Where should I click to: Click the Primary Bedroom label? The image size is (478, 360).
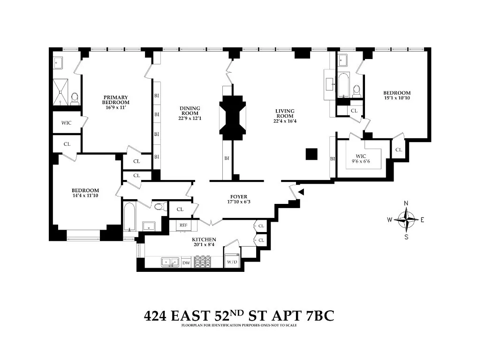116,100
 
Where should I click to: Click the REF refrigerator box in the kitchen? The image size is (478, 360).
183,225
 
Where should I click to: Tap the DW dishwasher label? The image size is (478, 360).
186,263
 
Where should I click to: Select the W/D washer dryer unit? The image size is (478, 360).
232,262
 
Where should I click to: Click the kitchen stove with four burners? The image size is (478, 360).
203,262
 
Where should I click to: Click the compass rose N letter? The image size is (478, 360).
406,203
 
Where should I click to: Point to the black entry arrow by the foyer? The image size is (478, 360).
301,191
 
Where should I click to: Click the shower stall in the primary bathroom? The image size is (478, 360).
61,92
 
